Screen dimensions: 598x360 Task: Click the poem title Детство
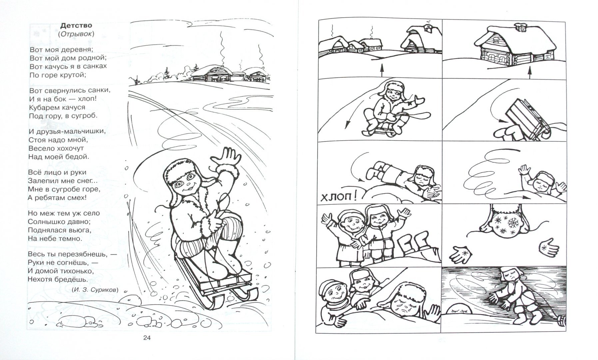click(x=77, y=25)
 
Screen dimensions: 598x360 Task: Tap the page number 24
click(x=147, y=338)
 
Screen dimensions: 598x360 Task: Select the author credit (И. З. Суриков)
click(x=95, y=290)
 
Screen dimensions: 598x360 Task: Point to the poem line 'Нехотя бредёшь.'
click(x=58, y=279)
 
